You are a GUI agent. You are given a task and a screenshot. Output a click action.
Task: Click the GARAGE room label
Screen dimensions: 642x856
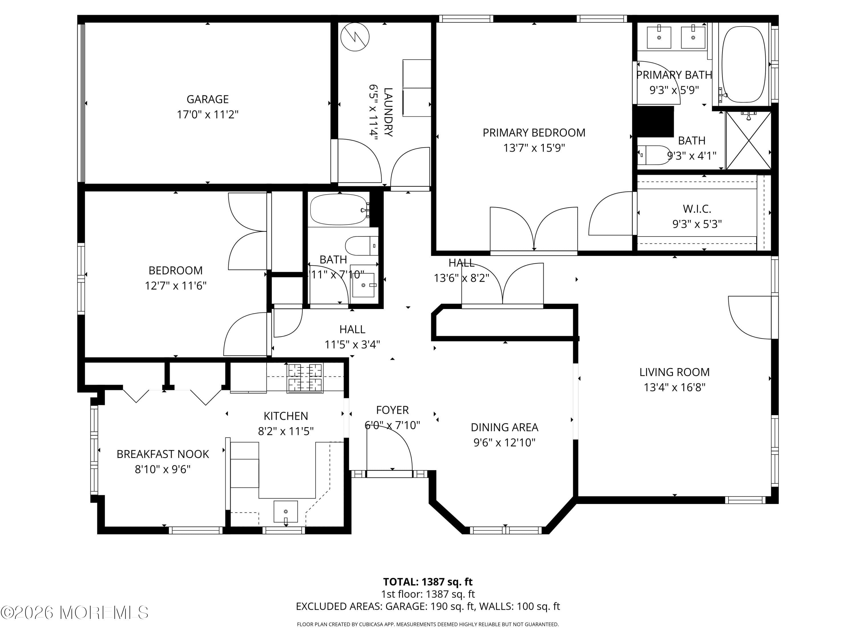tap(207, 100)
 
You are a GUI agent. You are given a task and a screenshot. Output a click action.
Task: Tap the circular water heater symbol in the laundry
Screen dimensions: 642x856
tap(354, 37)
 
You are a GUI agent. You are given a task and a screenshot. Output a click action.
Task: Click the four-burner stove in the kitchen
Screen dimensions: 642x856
tap(305, 378)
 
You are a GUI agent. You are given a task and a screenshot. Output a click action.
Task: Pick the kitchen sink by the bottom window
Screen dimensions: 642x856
tap(286, 512)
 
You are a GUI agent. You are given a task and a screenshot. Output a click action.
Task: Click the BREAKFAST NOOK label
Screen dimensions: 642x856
tap(163, 454)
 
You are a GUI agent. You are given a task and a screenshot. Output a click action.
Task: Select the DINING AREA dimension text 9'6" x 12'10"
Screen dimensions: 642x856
tap(504, 442)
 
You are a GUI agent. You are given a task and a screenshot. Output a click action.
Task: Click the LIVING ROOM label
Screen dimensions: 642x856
tap(674, 372)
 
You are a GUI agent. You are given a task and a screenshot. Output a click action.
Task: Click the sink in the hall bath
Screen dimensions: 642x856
tap(363, 285)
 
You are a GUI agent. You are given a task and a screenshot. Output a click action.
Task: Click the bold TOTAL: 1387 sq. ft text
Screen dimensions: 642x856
tap(428, 582)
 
